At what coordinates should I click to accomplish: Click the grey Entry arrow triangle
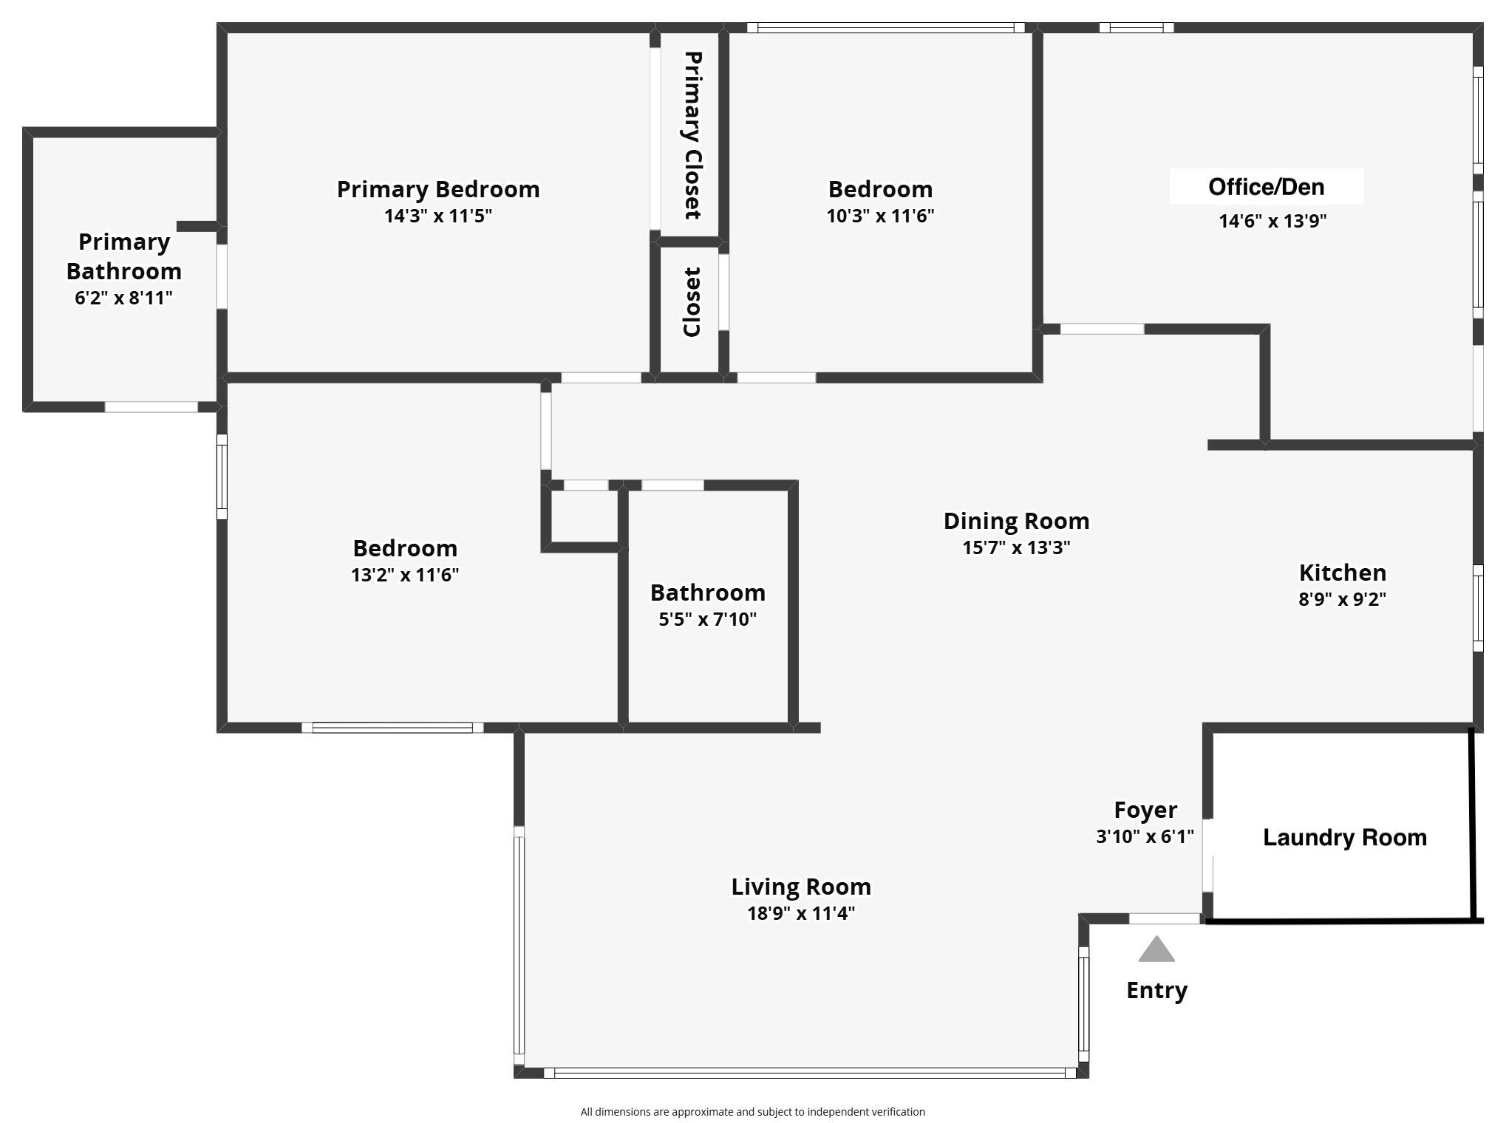click(1156, 950)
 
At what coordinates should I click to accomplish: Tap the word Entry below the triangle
click(1156, 990)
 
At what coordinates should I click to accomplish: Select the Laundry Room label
click(1344, 837)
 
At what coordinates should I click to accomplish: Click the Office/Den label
click(1266, 187)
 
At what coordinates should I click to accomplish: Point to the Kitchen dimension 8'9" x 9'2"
click(1342, 599)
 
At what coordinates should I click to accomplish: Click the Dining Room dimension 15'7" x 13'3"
click(1016, 547)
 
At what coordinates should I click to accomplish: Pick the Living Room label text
click(801, 886)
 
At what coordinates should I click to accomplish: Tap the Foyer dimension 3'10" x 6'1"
click(1145, 836)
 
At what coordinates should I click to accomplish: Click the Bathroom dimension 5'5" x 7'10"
click(707, 619)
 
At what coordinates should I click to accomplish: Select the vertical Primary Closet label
click(692, 135)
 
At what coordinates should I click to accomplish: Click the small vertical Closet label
click(691, 302)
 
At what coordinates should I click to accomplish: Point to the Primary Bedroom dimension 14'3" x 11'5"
click(437, 216)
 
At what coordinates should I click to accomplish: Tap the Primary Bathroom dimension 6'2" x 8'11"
click(123, 298)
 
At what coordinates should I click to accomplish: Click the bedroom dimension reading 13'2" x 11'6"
click(405, 575)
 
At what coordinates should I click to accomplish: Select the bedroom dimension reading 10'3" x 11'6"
click(880, 216)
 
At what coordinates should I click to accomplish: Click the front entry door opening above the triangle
click(1165, 918)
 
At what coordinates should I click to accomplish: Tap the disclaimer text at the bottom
click(752, 1111)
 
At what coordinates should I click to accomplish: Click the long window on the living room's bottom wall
click(809, 1073)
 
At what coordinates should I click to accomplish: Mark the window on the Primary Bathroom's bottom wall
click(151, 407)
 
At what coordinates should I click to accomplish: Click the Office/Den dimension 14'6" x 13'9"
click(1272, 221)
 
